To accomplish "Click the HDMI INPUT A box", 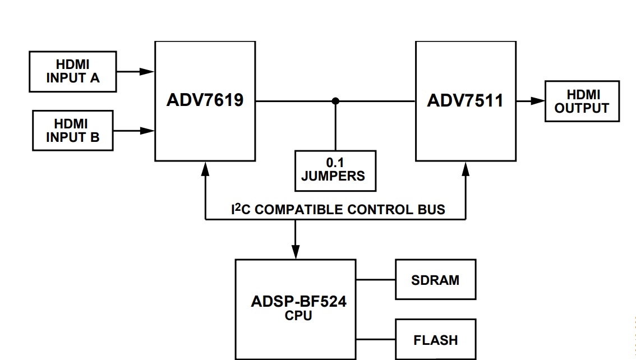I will (73, 72).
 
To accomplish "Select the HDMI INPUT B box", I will (73, 131).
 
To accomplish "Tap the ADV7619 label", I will (205, 101).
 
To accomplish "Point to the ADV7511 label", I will (465, 101).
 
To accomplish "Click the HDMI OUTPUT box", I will (582, 101).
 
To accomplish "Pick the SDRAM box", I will (435, 279).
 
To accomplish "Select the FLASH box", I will (435, 340).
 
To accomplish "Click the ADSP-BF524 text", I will (298, 302).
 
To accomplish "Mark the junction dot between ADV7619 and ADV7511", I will (335, 101).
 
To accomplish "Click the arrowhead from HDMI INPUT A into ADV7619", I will (148, 72).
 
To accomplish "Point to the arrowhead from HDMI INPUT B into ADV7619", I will (148, 131).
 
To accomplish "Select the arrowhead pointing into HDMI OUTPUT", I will (538, 101).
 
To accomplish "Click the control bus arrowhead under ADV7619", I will (206, 168).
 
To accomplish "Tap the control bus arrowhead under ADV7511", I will (466, 168).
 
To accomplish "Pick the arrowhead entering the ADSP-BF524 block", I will (295, 252).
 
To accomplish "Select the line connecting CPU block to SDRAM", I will (376, 279).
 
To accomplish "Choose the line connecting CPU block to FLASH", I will (376, 340).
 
